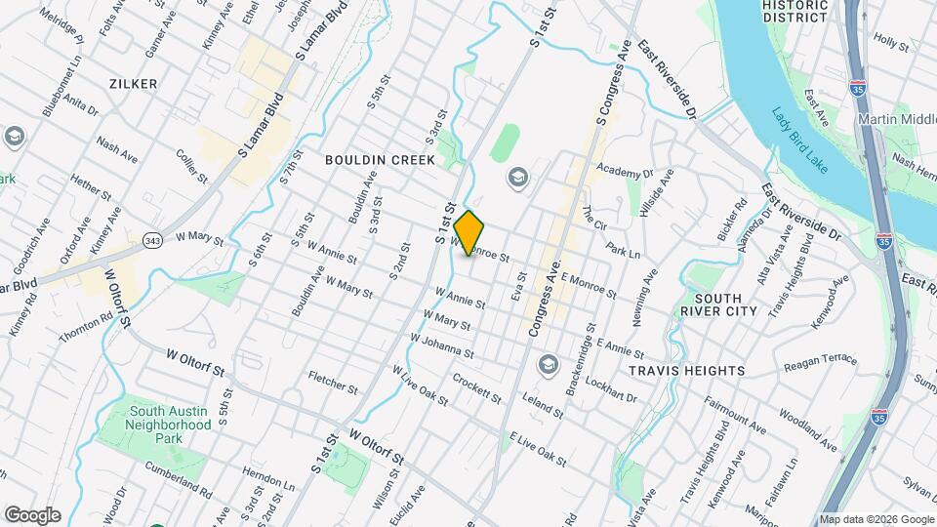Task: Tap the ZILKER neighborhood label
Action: tap(134, 84)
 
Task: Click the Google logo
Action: tap(32, 515)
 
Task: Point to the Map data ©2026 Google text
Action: tap(876, 519)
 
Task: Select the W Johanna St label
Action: tap(442, 346)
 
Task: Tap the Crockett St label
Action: tap(476, 387)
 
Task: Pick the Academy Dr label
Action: tap(626, 173)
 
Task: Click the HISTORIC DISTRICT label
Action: tap(795, 11)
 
